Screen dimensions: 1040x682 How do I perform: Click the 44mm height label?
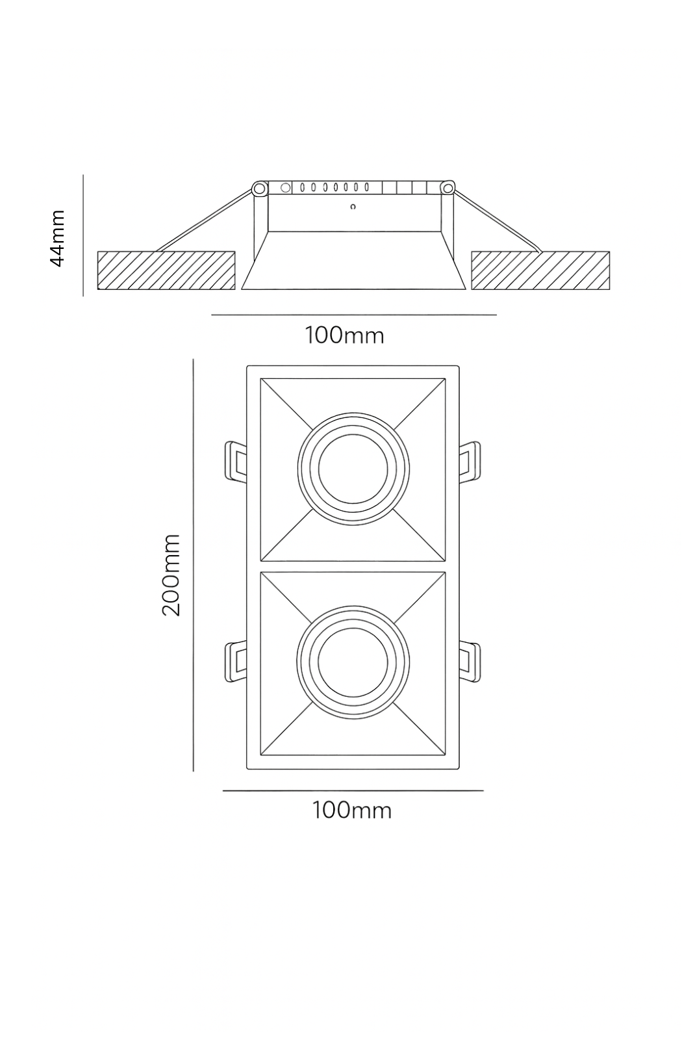click(x=58, y=238)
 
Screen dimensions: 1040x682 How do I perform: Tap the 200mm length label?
click(x=171, y=575)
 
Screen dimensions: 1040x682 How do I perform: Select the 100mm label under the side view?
click(x=344, y=335)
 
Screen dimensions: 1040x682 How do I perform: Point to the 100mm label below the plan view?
click(x=352, y=811)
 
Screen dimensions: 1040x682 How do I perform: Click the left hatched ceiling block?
click(x=166, y=270)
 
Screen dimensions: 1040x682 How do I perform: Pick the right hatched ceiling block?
click(x=540, y=270)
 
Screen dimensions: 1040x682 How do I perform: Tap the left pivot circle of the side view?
click(x=259, y=189)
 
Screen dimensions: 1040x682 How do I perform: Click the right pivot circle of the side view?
click(x=448, y=188)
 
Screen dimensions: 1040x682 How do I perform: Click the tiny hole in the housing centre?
click(x=353, y=208)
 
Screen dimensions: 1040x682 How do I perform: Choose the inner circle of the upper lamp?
click(x=353, y=468)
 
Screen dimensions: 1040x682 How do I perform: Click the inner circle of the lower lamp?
click(x=353, y=662)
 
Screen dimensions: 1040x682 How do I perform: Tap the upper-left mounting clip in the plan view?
click(x=234, y=461)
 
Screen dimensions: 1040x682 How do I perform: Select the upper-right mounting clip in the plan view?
click(x=471, y=461)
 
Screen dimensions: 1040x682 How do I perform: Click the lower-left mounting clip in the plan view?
click(x=234, y=662)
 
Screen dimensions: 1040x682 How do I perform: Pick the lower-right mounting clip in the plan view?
click(x=471, y=662)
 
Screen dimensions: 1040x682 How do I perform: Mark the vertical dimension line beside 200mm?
click(x=194, y=565)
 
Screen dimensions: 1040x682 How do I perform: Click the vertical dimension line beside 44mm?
click(x=84, y=235)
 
